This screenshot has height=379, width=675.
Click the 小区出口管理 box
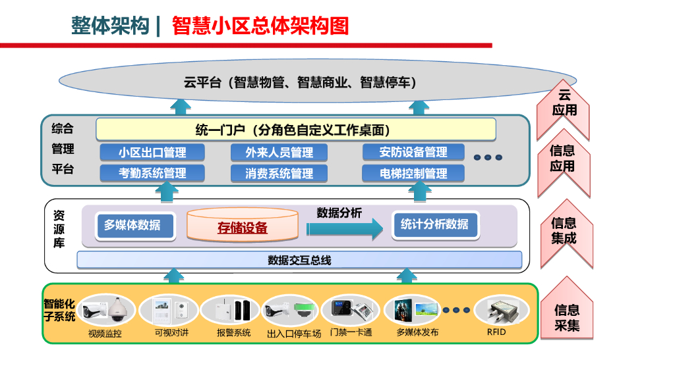tap(152, 153)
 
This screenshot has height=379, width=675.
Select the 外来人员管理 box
tap(279, 153)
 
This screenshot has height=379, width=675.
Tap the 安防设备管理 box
tap(413, 153)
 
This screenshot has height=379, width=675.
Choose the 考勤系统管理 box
tap(152, 174)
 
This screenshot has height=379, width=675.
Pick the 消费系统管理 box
tap(279, 174)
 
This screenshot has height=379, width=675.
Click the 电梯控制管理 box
tap(413, 174)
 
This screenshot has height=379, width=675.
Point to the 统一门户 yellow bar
tap(296, 130)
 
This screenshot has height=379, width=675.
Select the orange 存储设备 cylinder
tap(242, 226)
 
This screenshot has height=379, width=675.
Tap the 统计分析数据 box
tap(434, 225)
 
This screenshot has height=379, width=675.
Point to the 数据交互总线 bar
tap(299, 260)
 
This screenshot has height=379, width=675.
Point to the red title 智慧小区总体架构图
tap(260, 26)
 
